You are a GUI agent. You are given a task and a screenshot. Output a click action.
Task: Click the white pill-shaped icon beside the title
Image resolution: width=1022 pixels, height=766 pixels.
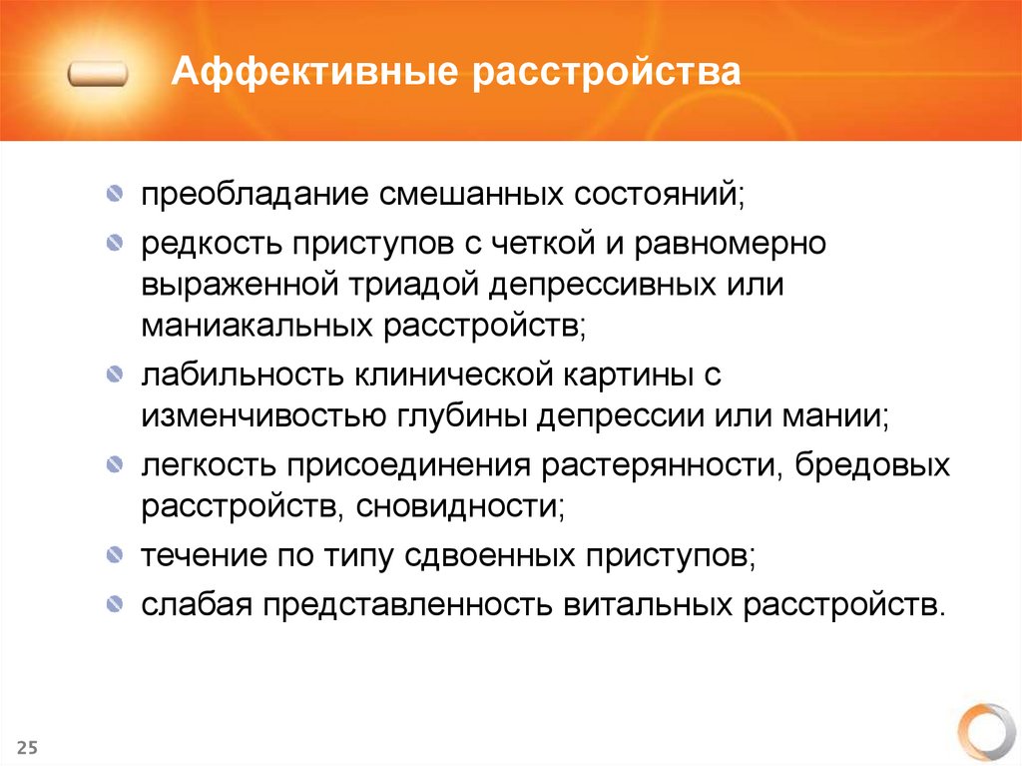tap(99, 75)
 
